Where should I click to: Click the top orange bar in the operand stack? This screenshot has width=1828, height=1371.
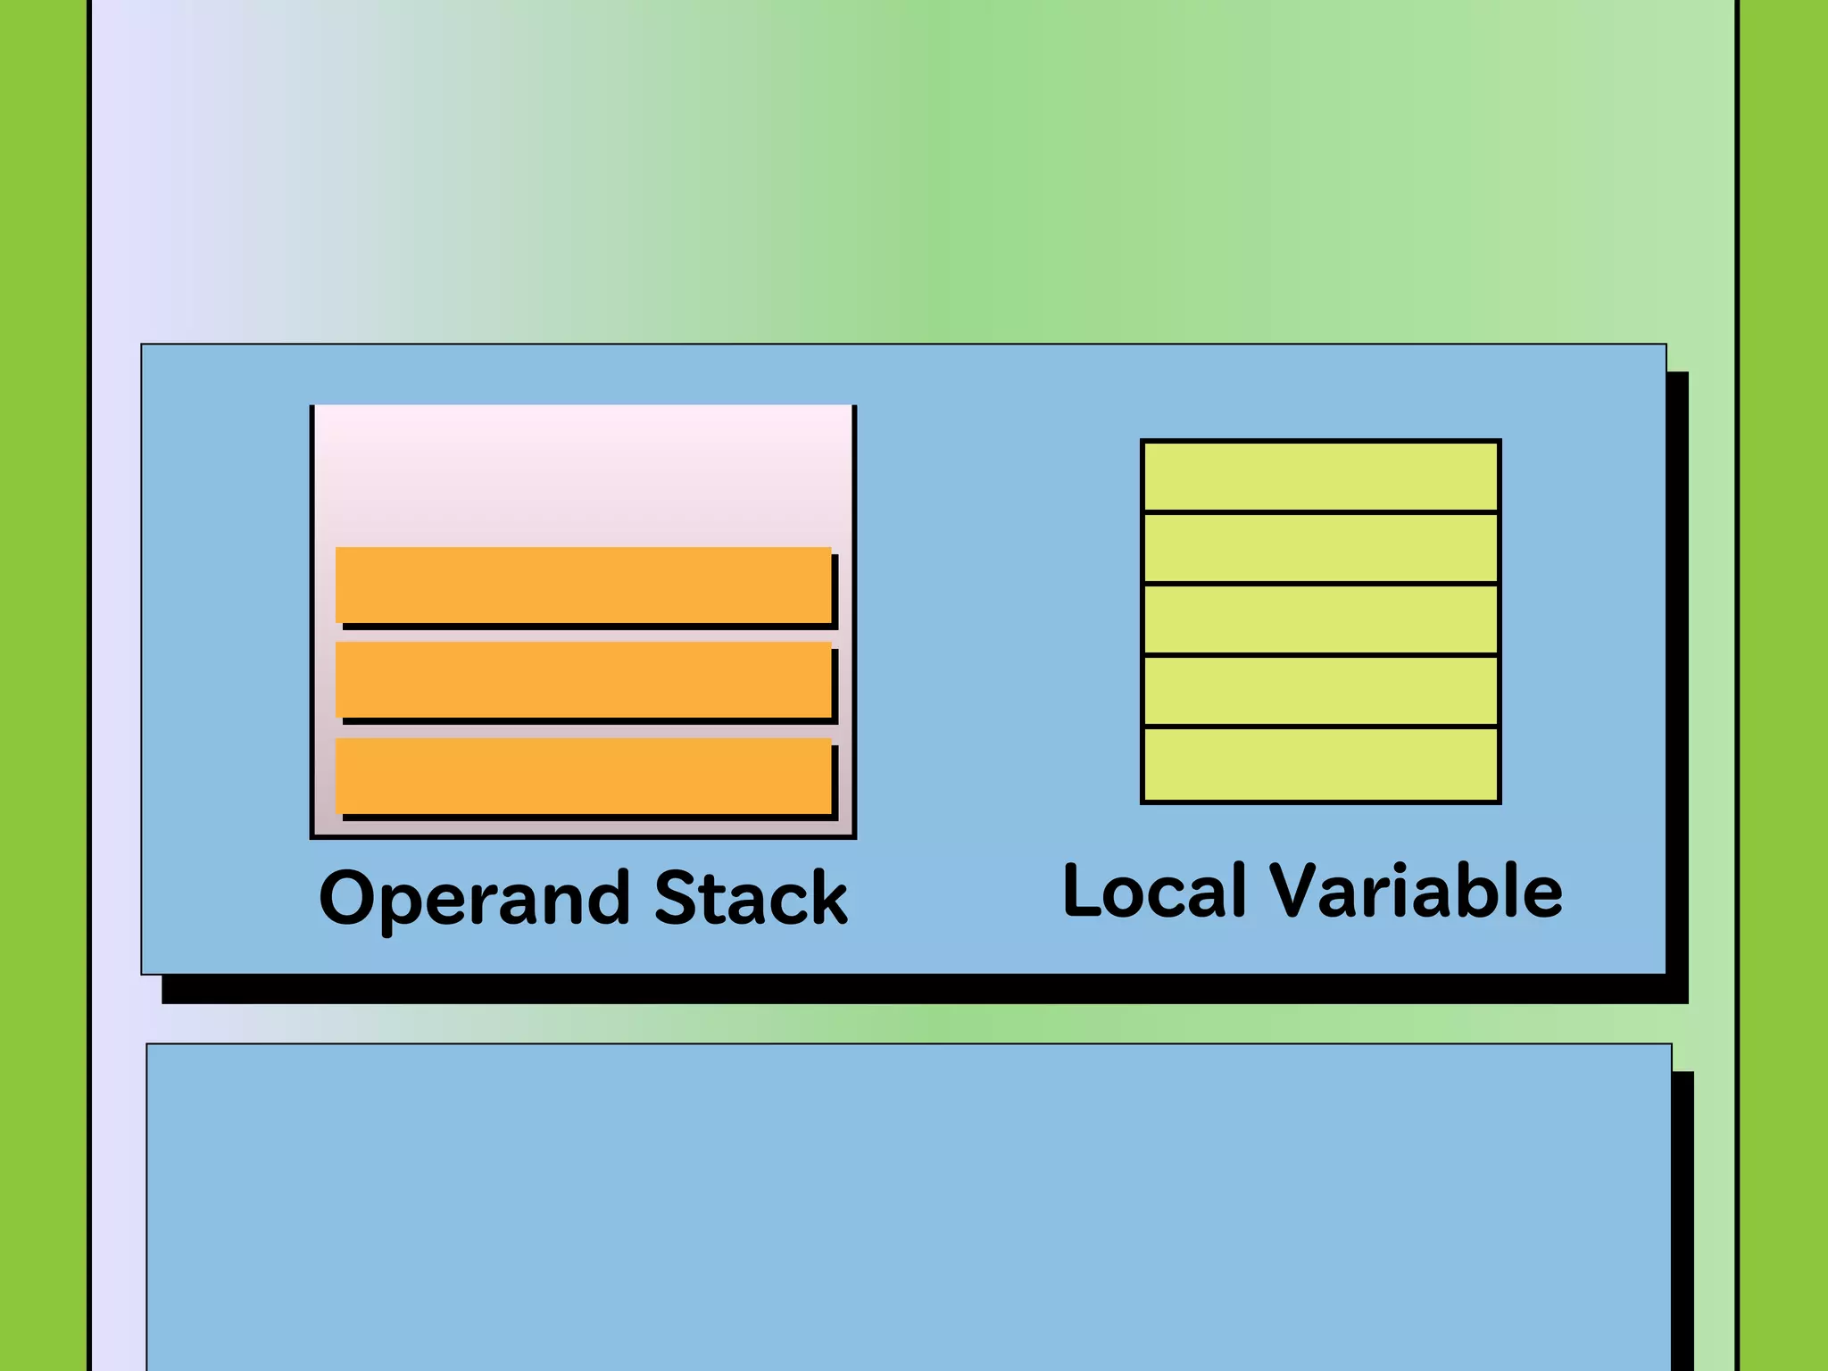coord(584,585)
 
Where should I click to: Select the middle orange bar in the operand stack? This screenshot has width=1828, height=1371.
coord(584,679)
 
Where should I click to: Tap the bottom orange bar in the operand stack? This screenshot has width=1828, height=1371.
coord(584,775)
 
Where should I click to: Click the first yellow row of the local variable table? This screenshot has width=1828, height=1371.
coord(1320,477)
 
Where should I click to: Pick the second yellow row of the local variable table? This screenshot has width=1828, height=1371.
coord(1320,548)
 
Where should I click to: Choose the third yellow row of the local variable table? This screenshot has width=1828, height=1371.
coord(1320,619)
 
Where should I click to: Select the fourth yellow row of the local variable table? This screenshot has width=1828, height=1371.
coord(1320,691)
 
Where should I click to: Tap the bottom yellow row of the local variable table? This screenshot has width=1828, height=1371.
coord(1320,765)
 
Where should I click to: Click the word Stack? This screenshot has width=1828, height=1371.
coord(751,898)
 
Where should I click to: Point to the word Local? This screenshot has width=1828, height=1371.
coord(1154,891)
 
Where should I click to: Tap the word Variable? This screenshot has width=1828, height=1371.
coord(1417,891)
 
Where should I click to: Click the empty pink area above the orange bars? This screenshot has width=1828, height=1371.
coord(584,473)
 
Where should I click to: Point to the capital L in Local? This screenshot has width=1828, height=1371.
coord(1081,891)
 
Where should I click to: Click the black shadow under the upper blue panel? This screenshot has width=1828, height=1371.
coord(919,990)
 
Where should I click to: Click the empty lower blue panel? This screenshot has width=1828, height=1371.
coord(909,1205)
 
